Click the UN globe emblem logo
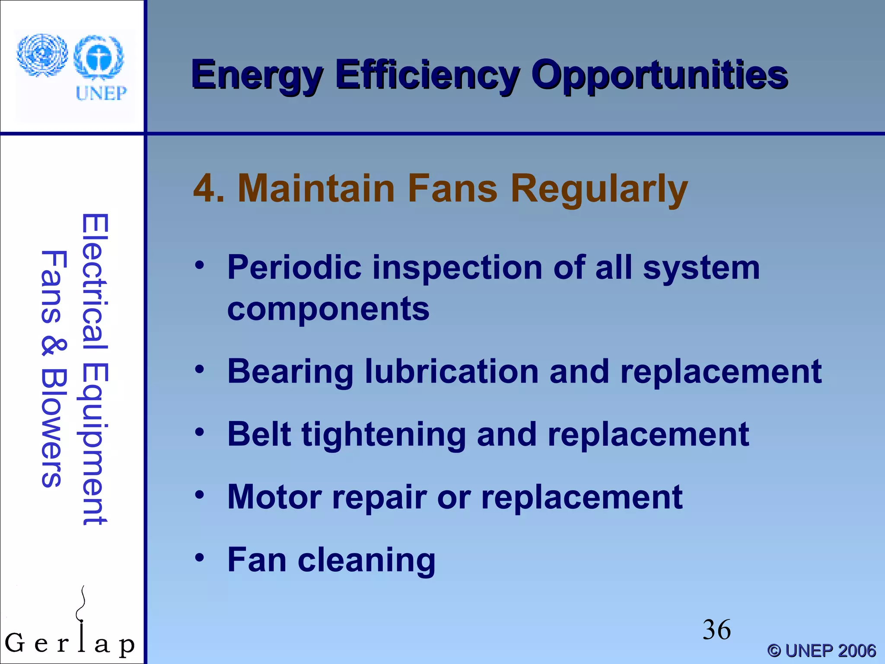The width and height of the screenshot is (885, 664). coord(42,55)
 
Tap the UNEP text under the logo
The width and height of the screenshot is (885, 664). coord(101,93)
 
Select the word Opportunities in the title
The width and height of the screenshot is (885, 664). coord(659,76)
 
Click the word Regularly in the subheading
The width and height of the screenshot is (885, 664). coord(599,189)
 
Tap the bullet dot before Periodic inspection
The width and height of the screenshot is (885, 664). coord(199,265)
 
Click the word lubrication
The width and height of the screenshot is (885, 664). coord(452,372)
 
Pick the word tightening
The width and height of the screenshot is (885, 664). coord(384,435)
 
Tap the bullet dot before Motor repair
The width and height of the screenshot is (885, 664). coord(199,495)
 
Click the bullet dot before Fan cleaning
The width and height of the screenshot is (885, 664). coord(199,558)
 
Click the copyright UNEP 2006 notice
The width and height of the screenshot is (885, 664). coord(821,651)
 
